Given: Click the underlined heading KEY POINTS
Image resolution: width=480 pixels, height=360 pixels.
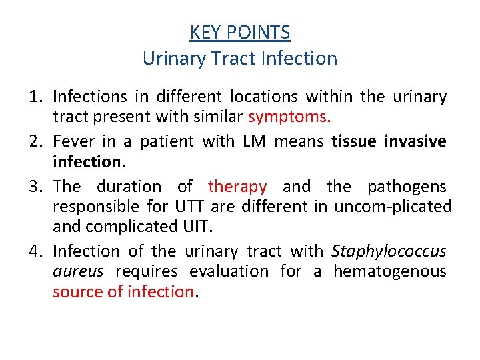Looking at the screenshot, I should (x=240, y=32).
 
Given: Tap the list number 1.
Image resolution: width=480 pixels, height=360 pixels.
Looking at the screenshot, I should (x=35, y=97).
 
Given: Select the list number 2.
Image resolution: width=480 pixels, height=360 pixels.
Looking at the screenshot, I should (x=35, y=141).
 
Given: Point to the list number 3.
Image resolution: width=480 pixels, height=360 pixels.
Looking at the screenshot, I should (x=35, y=186).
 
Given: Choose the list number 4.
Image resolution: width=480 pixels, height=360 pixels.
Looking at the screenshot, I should (x=35, y=251).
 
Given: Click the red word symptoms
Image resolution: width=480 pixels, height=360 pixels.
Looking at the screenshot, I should (x=289, y=117).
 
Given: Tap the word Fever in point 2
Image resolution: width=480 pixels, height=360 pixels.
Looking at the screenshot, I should (x=73, y=141).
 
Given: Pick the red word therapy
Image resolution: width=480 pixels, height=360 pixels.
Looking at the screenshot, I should (x=237, y=186).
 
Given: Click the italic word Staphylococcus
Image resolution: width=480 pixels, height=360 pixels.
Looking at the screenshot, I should (x=389, y=251).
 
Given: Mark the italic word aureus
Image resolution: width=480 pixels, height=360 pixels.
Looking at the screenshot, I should (x=78, y=271).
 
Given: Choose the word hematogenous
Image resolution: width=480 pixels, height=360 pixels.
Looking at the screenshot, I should (x=390, y=271).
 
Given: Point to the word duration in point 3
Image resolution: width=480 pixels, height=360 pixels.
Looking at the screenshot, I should (x=129, y=186).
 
